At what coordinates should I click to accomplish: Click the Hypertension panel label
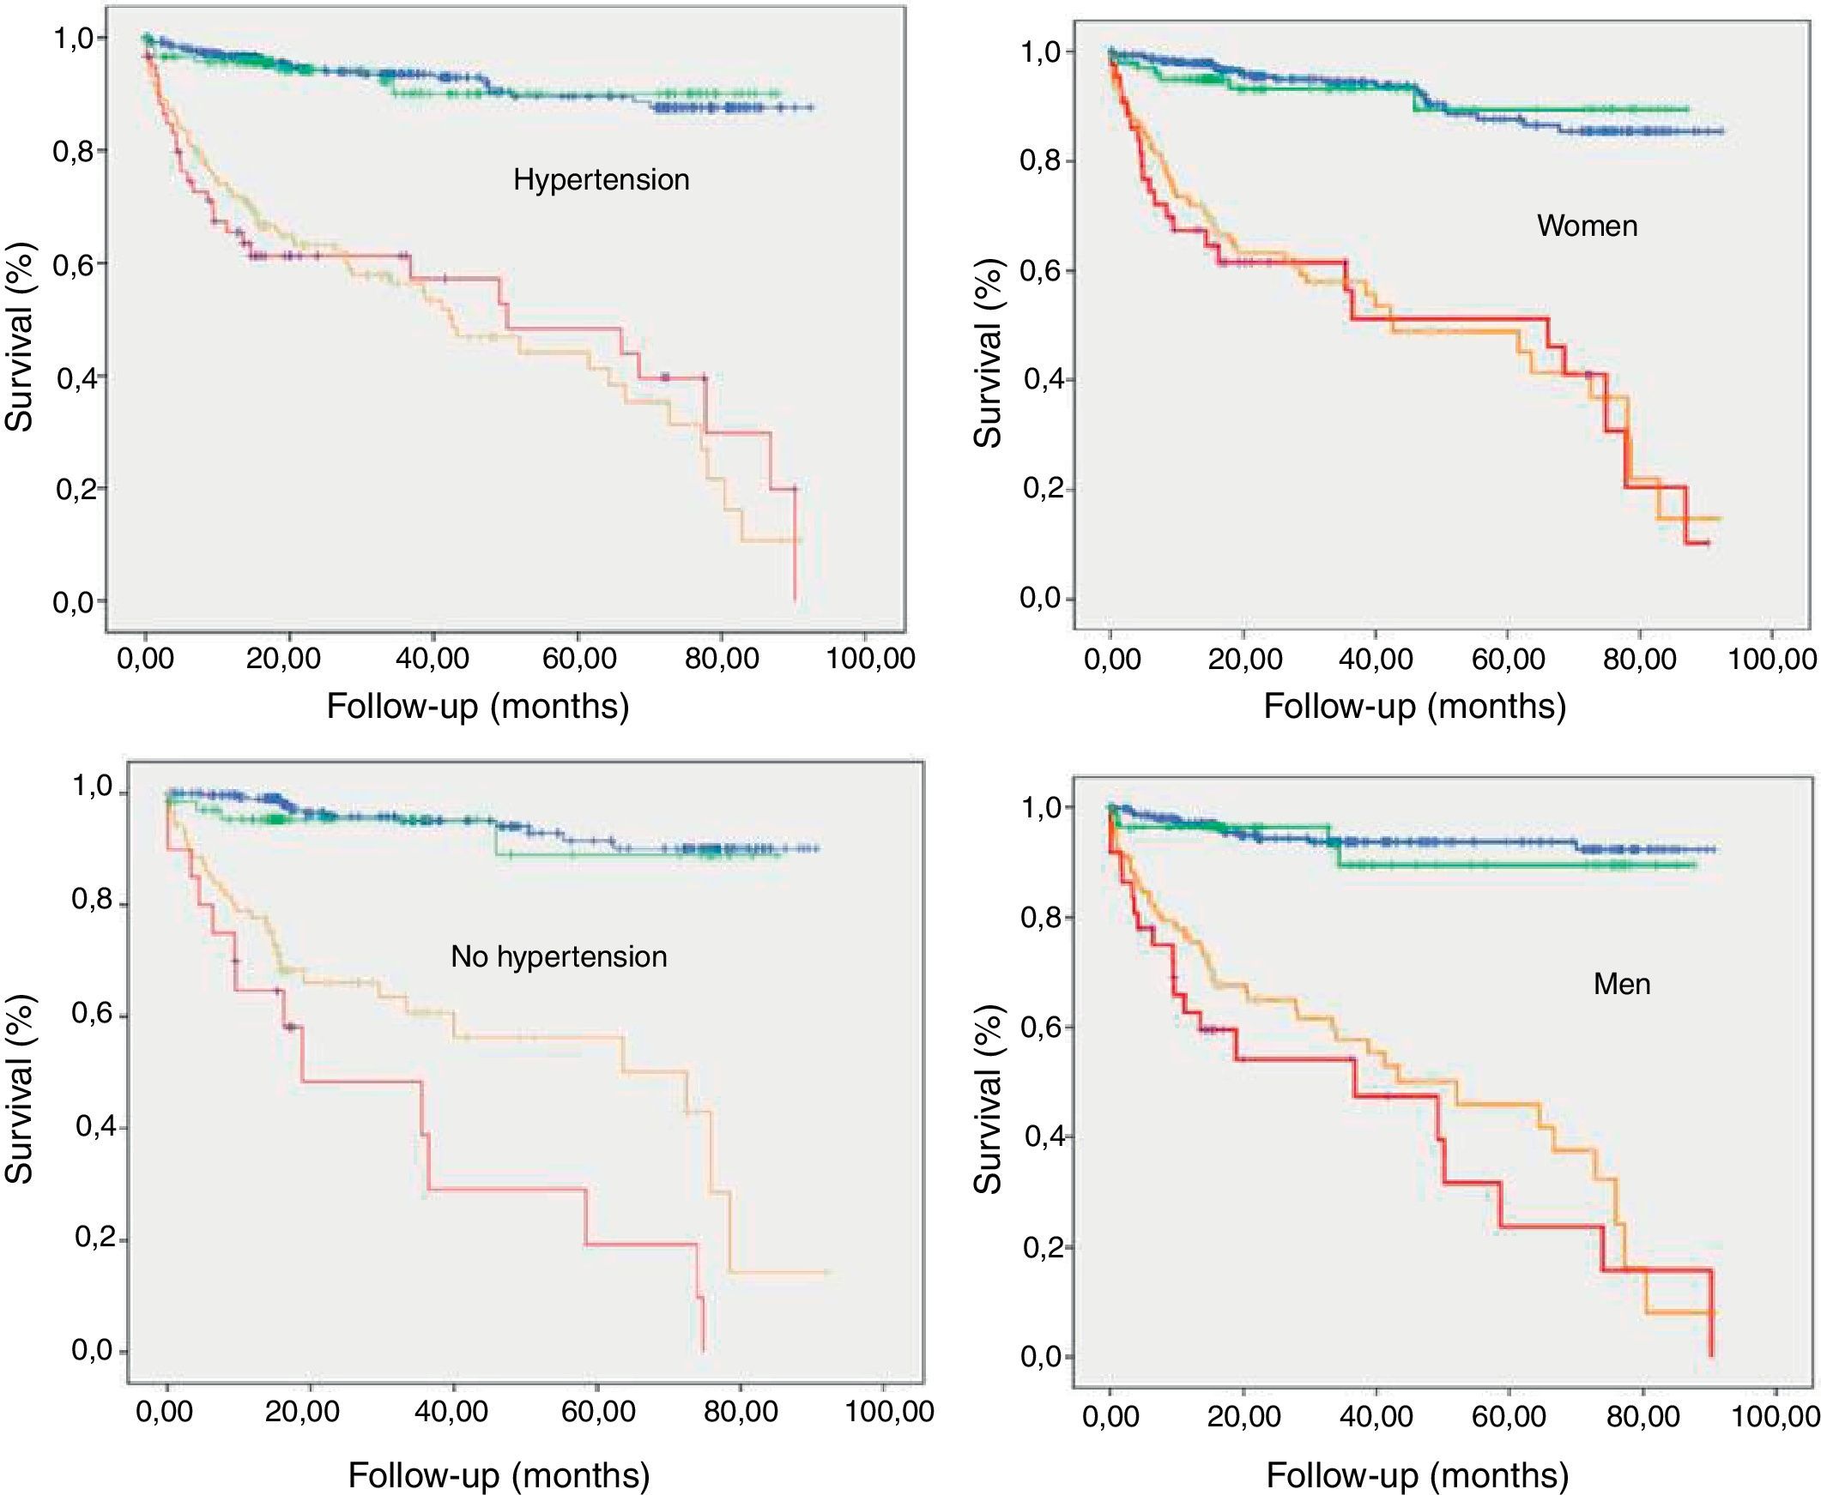[602, 179]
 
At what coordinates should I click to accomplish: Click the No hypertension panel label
[558, 956]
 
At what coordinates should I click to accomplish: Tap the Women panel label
[1587, 226]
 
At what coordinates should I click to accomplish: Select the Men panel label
[1621, 984]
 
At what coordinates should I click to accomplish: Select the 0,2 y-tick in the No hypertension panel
[95, 1239]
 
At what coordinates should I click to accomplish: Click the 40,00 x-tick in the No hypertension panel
[451, 1413]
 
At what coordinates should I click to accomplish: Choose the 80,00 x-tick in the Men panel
[1643, 1417]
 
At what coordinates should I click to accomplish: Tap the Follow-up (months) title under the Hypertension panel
[477, 707]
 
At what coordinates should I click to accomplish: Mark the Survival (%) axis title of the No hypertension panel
[19, 1089]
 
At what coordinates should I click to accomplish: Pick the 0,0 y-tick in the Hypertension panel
[74, 602]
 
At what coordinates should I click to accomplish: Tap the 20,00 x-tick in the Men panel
[1243, 1417]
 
